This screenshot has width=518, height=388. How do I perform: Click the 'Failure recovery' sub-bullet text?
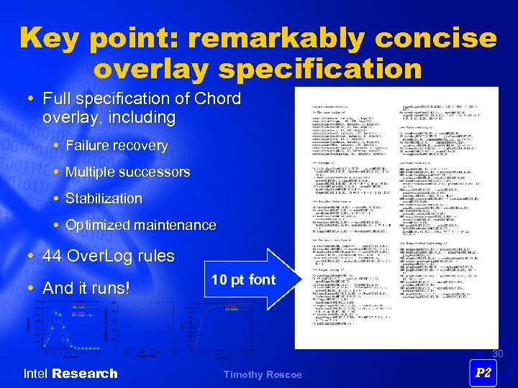click(x=117, y=145)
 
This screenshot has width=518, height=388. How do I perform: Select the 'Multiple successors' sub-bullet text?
click(x=128, y=172)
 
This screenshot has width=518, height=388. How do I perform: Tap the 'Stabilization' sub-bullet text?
click(x=104, y=198)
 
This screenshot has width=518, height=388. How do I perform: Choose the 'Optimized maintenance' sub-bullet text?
click(x=141, y=225)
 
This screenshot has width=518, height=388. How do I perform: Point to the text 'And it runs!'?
click(x=87, y=289)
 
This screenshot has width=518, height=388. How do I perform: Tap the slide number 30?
click(x=497, y=354)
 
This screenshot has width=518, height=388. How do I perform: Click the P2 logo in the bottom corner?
click(x=483, y=373)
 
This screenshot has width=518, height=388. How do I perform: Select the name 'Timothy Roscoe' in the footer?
click(x=262, y=374)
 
